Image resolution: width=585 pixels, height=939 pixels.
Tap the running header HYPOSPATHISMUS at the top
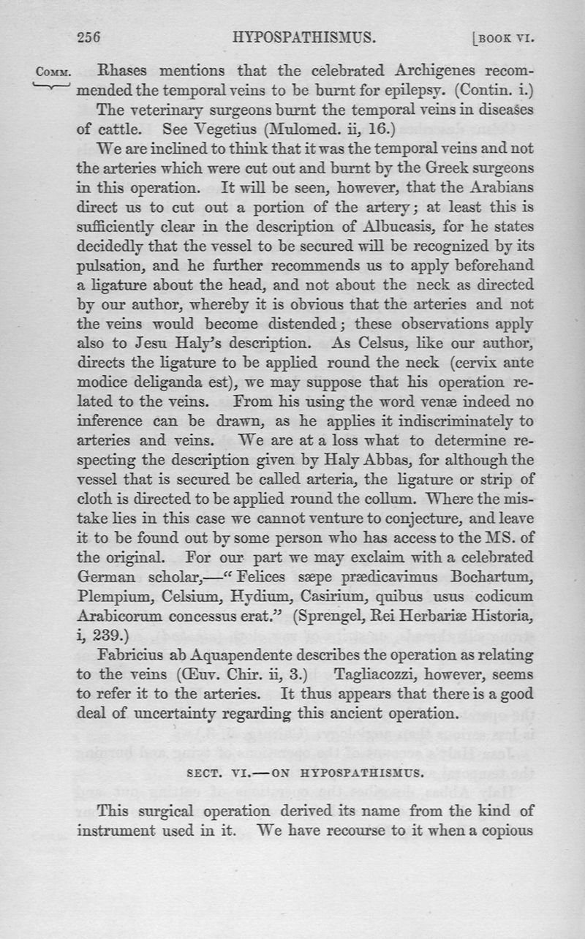(303, 36)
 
